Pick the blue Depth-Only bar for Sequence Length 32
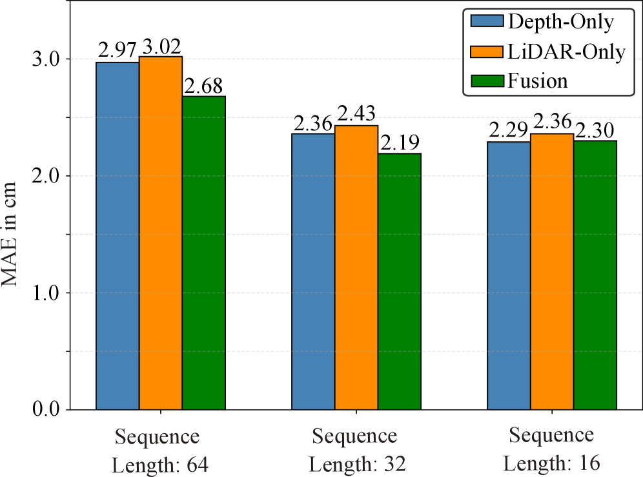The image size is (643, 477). (313, 271)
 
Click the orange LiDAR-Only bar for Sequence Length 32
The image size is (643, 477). (356, 268)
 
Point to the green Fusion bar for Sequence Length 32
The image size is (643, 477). (399, 282)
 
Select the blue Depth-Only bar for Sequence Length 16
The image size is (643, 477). (509, 276)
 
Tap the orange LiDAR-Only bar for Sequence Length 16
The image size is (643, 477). (552, 271)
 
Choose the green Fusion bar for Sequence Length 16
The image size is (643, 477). (595, 275)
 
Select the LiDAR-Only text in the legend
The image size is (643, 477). (566, 51)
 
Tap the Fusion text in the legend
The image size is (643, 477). (537, 81)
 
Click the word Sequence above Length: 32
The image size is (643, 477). (354, 436)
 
